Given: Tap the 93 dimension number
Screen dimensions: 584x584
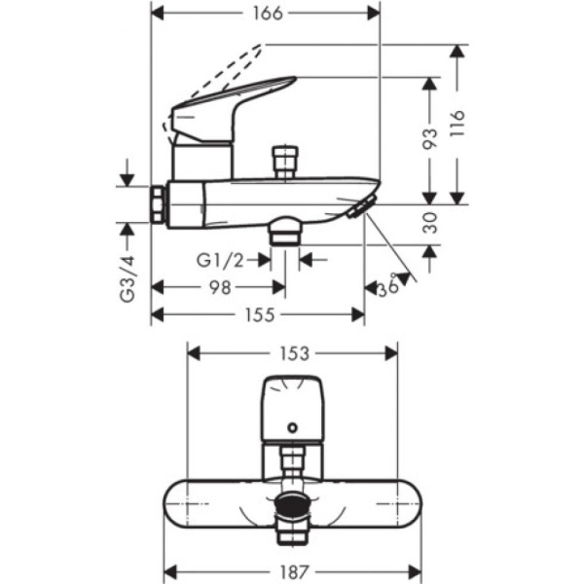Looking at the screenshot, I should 429,141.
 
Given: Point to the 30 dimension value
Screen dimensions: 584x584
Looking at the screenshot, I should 429,226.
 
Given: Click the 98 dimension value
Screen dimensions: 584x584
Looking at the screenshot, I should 220,287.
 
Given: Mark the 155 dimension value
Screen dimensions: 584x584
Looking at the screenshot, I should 258,314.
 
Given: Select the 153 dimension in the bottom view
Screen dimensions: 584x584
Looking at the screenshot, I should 292,354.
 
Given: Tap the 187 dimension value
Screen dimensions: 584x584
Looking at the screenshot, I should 292,570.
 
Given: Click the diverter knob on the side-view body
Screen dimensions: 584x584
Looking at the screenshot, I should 284,160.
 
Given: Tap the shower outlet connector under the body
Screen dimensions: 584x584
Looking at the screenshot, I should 285,233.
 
